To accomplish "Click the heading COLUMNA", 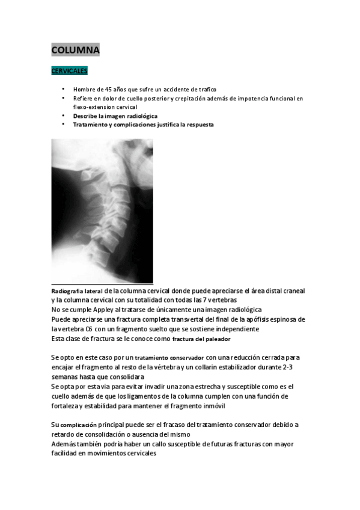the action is click(x=75, y=51).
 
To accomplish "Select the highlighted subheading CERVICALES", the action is click(x=69, y=71).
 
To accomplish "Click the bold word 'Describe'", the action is click(x=85, y=115).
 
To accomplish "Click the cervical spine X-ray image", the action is click(x=102, y=210).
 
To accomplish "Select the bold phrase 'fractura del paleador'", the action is click(x=197, y=339).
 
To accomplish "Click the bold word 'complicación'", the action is click(x=78, y=425).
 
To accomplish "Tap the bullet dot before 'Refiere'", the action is click(x=63, y=98).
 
